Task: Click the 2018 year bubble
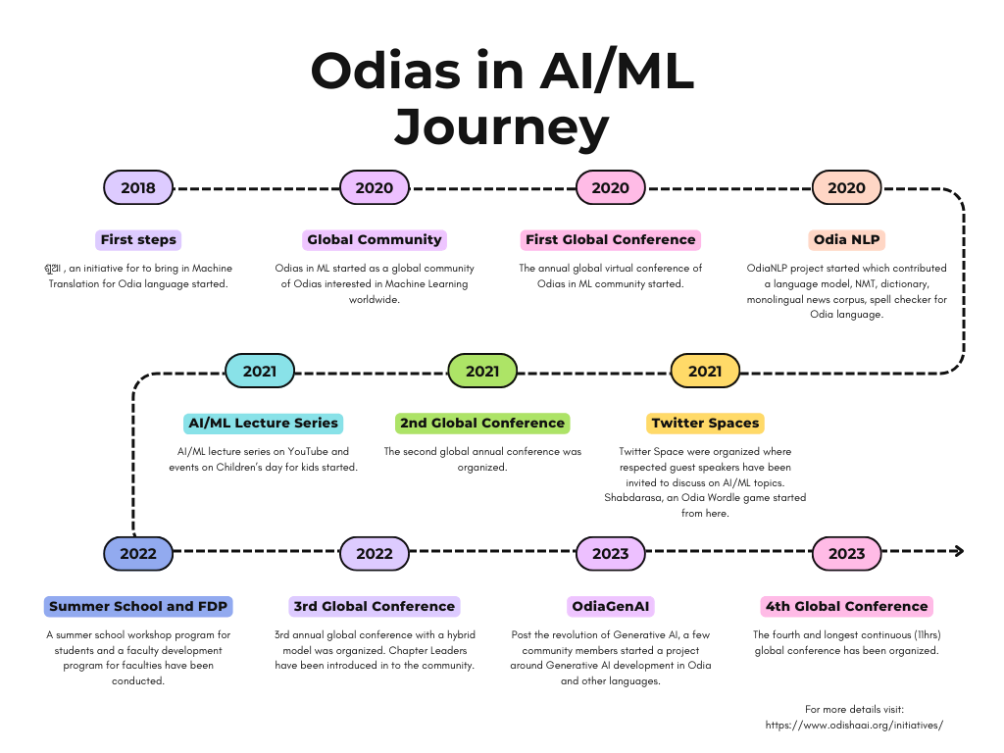click(x=138, y=187)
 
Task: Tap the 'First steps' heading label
click(x=138, y=239)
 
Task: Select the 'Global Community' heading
click(x=374, y=239)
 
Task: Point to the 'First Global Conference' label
click(x=610, y=239)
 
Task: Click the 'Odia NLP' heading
click(x=846, y=239)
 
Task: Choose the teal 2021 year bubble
click(x=259, y=371)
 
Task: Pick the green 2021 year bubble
click(x=482, y=371)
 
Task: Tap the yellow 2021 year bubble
click(x=705, y=371)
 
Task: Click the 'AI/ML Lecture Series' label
click(x=263, y=424)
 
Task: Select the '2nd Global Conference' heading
click(x=482, y=424)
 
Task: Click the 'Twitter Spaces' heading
click(x=705, y=424)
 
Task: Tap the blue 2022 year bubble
click(x=138, y=553)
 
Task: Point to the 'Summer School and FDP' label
click(x=138, y=606)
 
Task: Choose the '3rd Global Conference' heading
click(x=374, y=606)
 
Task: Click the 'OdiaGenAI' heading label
click(x=610, y=606)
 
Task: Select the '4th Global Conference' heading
click(x=846, y=606)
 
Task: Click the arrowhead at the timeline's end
click(x=959, y=551)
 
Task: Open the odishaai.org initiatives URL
click(x=854, y=725)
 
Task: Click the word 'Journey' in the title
click(x=501, y=127)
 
